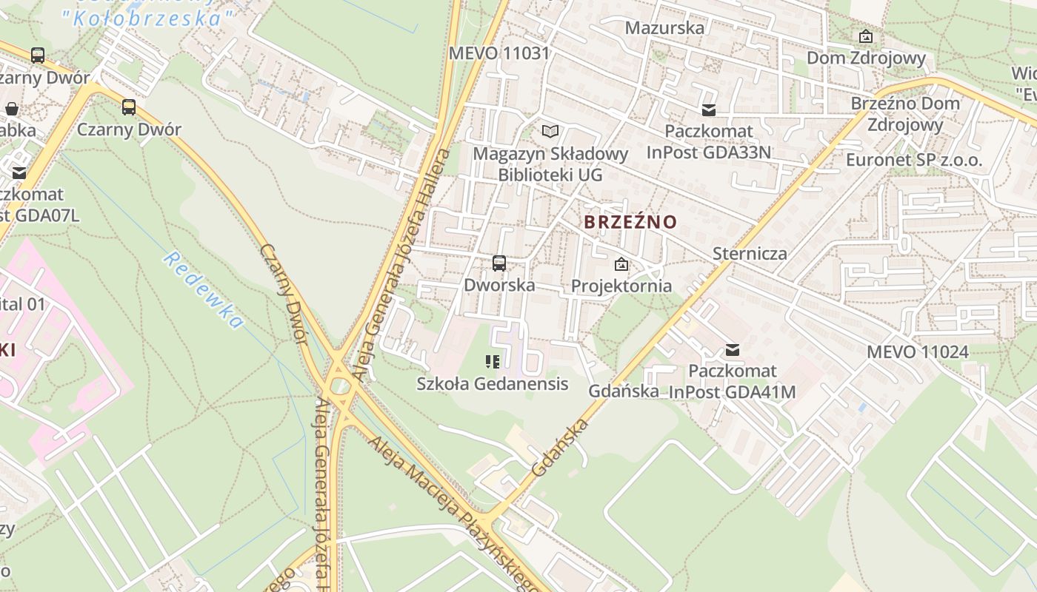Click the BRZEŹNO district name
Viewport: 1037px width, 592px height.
630,222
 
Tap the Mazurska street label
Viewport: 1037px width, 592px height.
664,28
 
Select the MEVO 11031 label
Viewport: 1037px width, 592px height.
499,53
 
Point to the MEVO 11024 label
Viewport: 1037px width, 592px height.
917,352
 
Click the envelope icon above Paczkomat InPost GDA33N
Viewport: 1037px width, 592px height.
709,110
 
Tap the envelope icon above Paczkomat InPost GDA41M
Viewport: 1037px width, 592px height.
733,350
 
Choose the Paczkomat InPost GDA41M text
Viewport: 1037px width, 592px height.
732,381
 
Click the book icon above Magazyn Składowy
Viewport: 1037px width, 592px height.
550,132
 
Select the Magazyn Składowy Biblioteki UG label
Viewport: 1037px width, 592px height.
550,164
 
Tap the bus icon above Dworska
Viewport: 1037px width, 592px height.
499,263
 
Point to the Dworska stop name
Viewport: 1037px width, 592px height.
499,285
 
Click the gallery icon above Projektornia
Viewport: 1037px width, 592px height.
621,264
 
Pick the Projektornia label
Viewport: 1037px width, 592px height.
621,286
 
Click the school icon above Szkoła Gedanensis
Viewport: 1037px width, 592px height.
493,362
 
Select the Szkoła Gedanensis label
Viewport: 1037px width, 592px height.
493,383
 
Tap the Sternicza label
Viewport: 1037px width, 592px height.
750,254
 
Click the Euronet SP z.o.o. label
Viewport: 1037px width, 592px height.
914,160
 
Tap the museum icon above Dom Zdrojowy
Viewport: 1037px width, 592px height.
865,36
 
